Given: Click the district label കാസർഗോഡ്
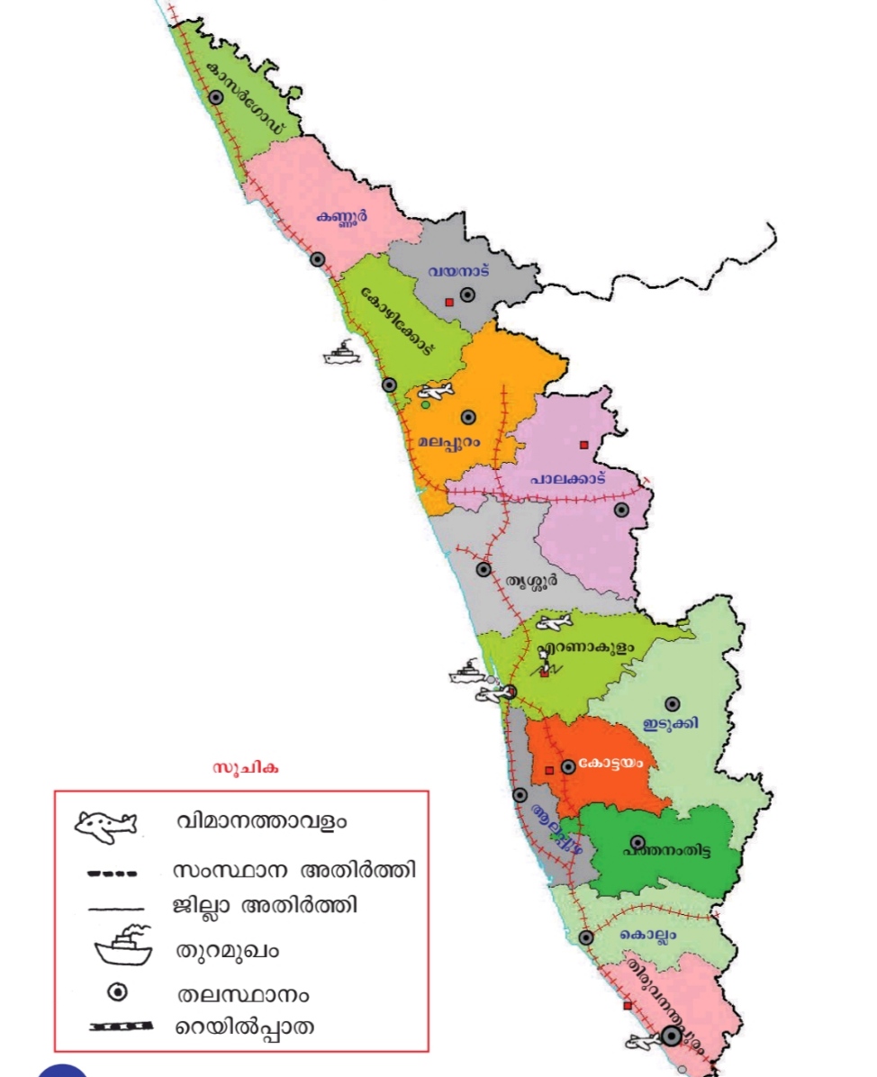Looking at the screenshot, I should [246, 99].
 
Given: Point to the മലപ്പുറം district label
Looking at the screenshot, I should [450, 441].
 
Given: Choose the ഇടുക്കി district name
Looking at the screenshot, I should [671, 723].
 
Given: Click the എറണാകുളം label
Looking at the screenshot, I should [585, 647].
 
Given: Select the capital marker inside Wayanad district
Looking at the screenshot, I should [467, 294].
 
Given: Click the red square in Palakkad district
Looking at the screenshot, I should [583, 444].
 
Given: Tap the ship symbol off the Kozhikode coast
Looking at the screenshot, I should [341, 352].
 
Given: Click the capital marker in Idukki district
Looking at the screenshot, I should [672, 703].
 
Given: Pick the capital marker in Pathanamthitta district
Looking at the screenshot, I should [637, 842].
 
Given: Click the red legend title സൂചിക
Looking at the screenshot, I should [246, 768].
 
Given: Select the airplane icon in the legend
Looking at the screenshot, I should [106, 824].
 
